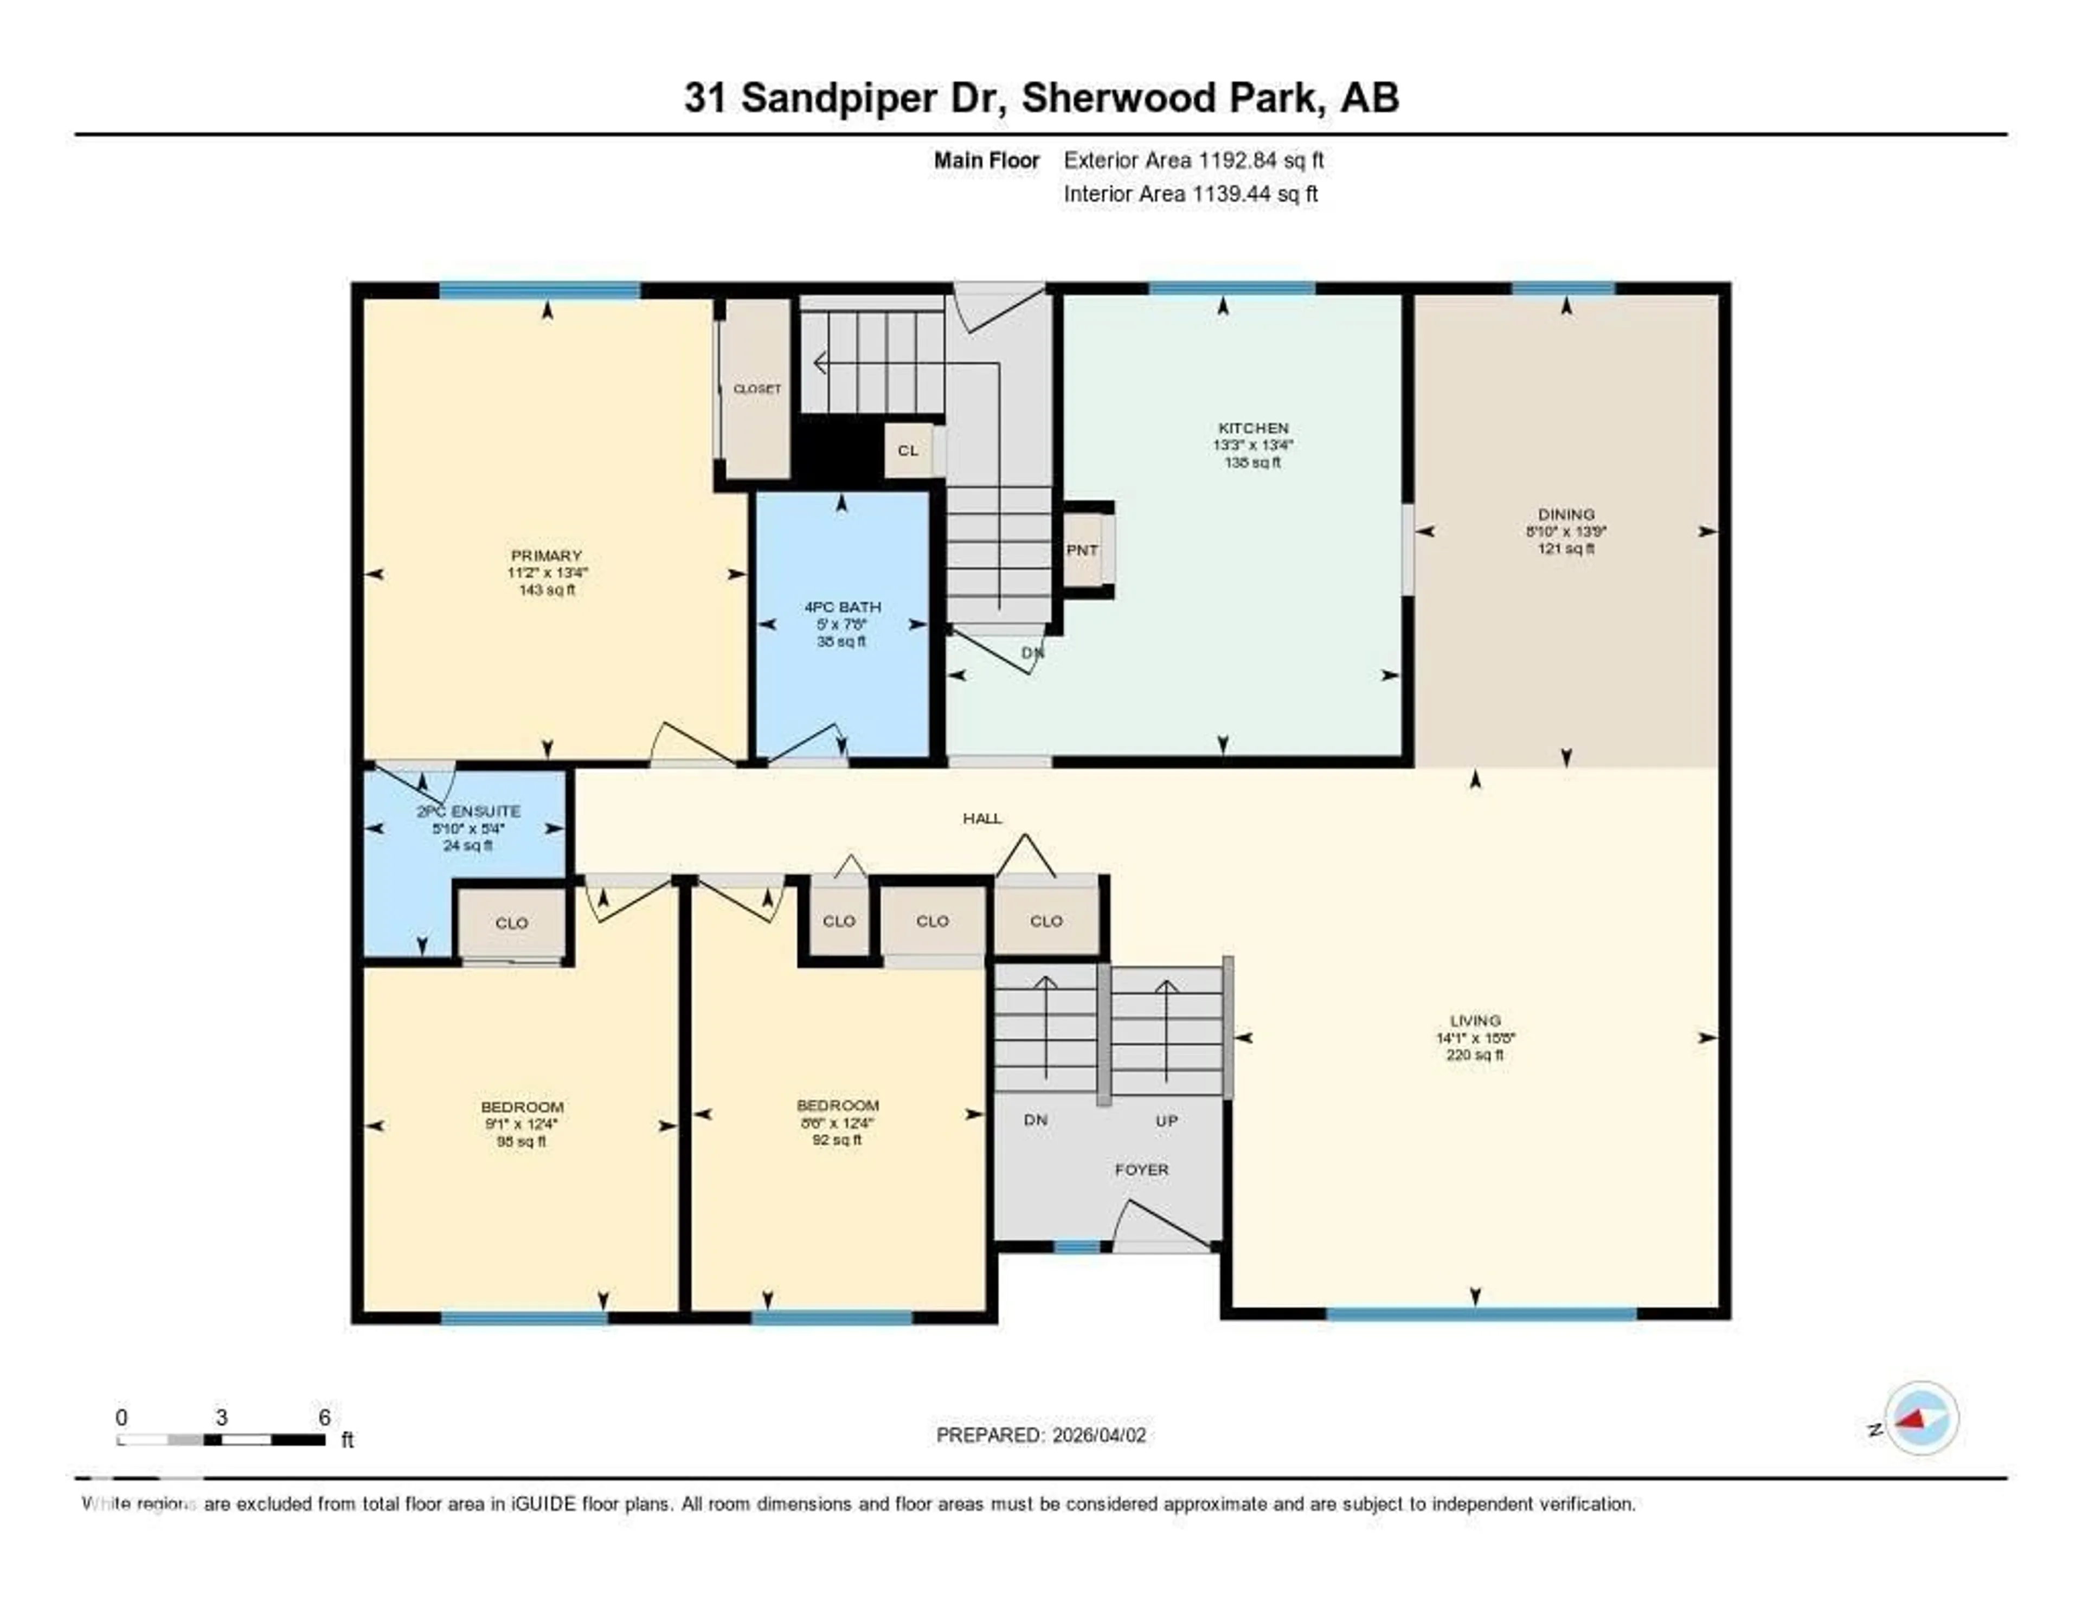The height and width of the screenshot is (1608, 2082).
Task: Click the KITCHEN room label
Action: click(1252, 428)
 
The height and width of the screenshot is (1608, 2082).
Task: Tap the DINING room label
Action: click(1565, 514)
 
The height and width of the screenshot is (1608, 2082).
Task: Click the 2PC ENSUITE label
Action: click(468, 811)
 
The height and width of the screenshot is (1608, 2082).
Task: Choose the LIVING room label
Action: click(1475, 1020)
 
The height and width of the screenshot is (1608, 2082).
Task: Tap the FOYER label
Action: click(1141, 1169)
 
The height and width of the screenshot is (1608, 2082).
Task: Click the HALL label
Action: click(982, 818)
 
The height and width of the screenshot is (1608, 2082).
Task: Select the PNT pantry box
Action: click(1082, 550)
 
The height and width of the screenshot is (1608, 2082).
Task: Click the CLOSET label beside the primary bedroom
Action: click(757, 389)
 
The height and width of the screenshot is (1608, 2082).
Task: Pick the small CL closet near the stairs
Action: click(908, 450)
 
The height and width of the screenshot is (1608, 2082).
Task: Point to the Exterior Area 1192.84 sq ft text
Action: click(1193, 160)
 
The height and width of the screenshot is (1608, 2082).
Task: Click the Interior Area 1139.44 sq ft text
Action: click(1190, 194)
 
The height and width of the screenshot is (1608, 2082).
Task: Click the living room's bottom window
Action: click(1481, 1314)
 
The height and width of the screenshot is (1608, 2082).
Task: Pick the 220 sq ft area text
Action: click(1475, 1055)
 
